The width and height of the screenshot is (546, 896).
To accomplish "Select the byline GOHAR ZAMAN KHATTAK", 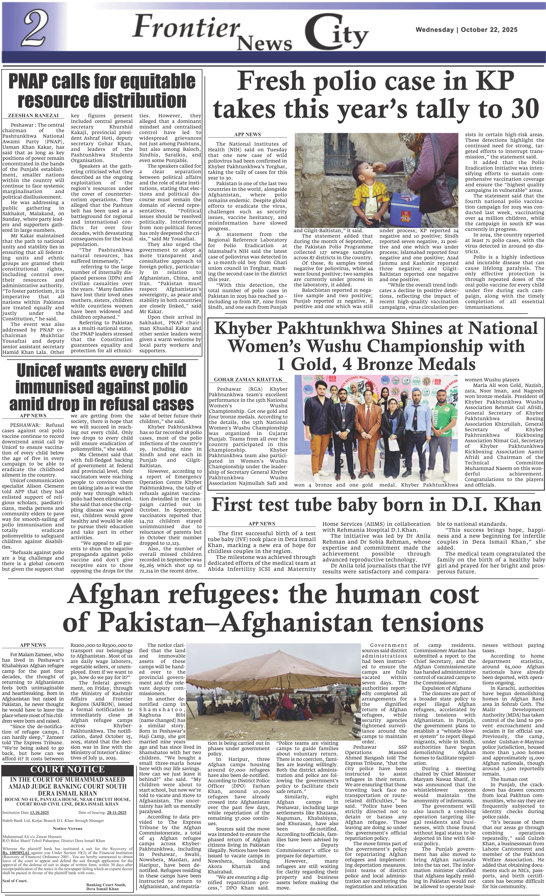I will coord(248,379).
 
